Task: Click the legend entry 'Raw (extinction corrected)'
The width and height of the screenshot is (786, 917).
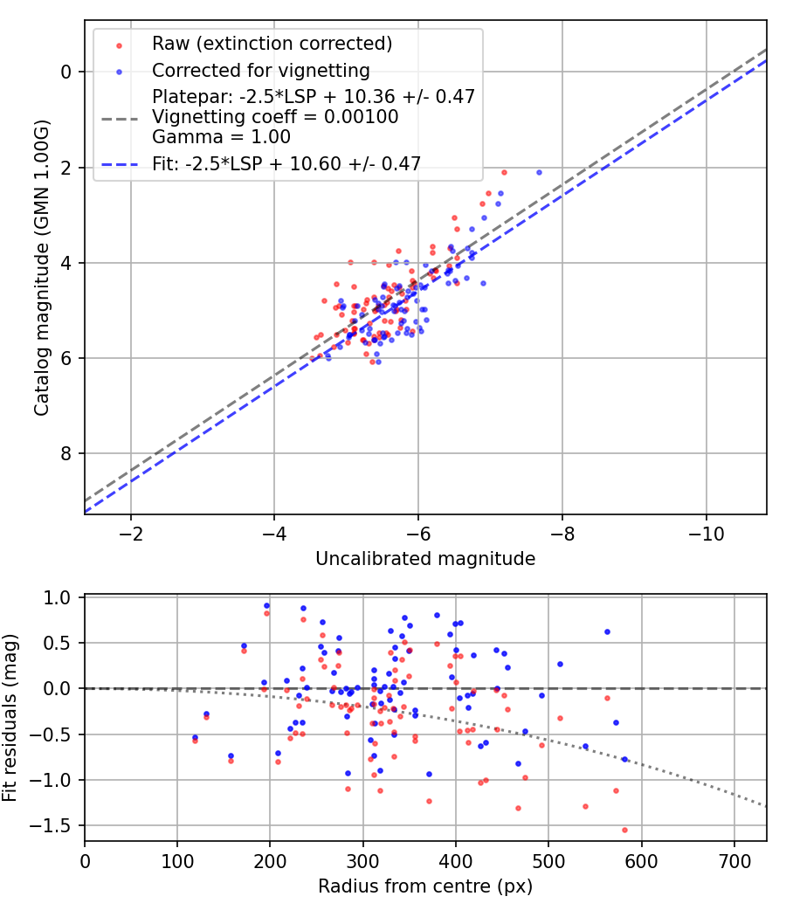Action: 272,44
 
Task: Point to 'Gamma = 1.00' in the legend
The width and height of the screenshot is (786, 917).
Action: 221,137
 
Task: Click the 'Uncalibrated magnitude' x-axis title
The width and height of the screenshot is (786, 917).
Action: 425,559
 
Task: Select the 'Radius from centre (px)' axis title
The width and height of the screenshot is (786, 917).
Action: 425,886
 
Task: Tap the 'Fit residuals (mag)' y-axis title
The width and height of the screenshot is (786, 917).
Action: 10,718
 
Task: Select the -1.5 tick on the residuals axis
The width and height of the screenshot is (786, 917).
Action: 58,825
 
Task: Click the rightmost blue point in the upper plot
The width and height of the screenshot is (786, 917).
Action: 539,172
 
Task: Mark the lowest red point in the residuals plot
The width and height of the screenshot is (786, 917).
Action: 624,830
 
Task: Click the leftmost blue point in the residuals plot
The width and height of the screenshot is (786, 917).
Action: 195,737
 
